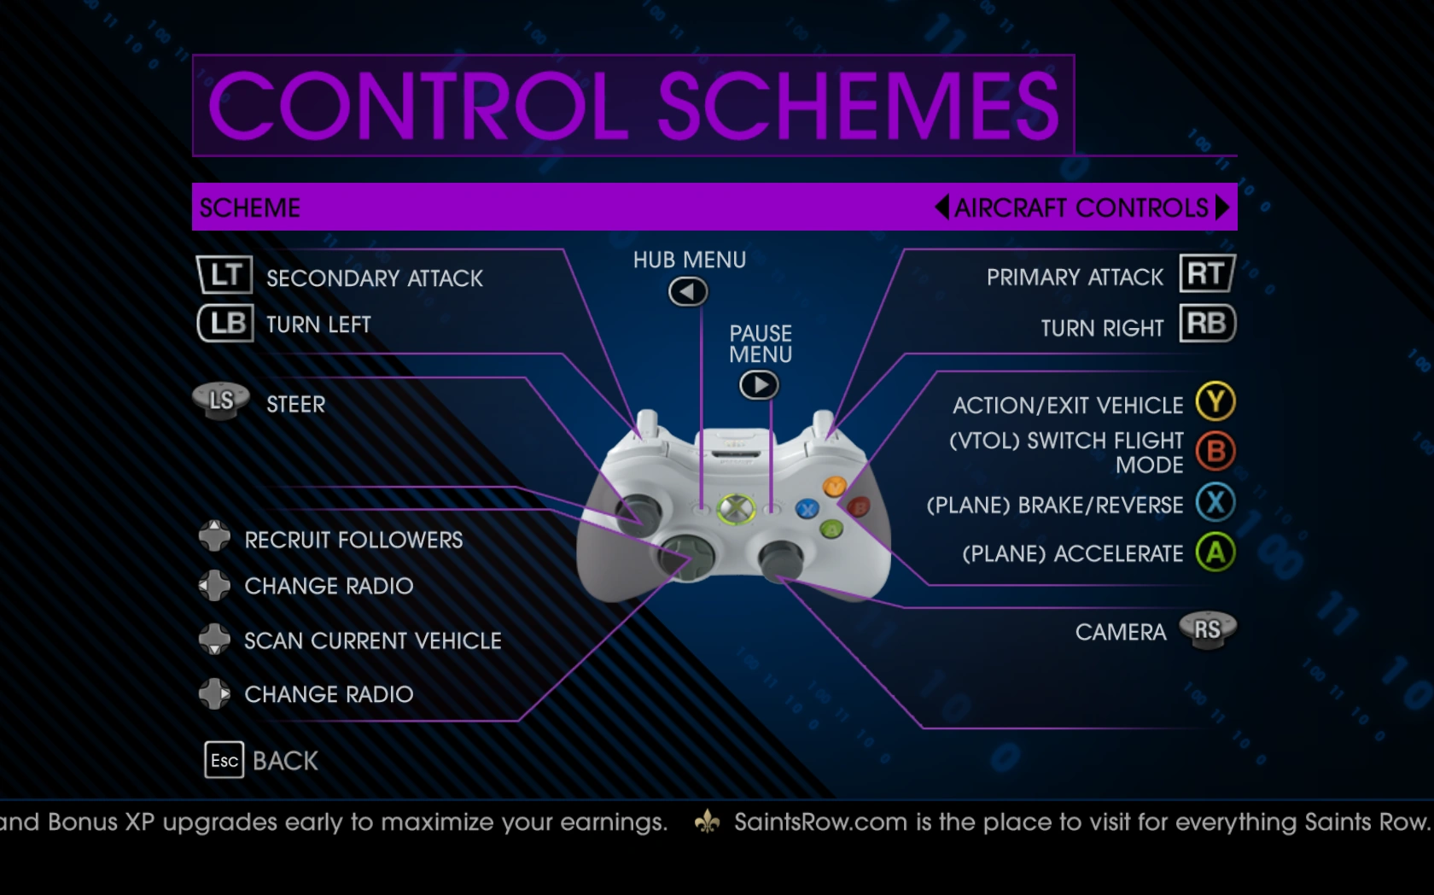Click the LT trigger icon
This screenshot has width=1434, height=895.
point(224,275)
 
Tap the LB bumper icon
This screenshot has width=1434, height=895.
point(225,323)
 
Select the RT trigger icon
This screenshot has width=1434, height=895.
point(1207,273)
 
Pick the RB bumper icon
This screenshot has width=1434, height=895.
point(1207,323)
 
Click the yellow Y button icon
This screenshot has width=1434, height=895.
point(1215,401)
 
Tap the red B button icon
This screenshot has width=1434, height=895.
point(1215,452)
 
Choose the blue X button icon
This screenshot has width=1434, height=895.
point(1215,502)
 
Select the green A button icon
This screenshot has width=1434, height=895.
point(1215,553)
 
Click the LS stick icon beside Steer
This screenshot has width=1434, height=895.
point(221,401)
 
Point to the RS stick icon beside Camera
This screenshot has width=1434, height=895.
point(1207,630)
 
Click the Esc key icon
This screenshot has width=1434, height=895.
point(224,760)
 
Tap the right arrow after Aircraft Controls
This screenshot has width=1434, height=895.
point(1222,207)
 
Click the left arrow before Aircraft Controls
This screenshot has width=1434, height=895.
point(942,207)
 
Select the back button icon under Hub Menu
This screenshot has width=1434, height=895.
point(688,292)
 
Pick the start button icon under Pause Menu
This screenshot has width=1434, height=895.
point(759,385)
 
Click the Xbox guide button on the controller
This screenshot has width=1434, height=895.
point(736,509)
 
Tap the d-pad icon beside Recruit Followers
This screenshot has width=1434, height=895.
point(213,535)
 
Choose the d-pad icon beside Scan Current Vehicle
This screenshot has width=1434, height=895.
point(213,640)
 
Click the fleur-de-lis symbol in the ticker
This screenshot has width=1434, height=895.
point(707,822)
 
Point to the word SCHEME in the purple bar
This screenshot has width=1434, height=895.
point(249,208)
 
